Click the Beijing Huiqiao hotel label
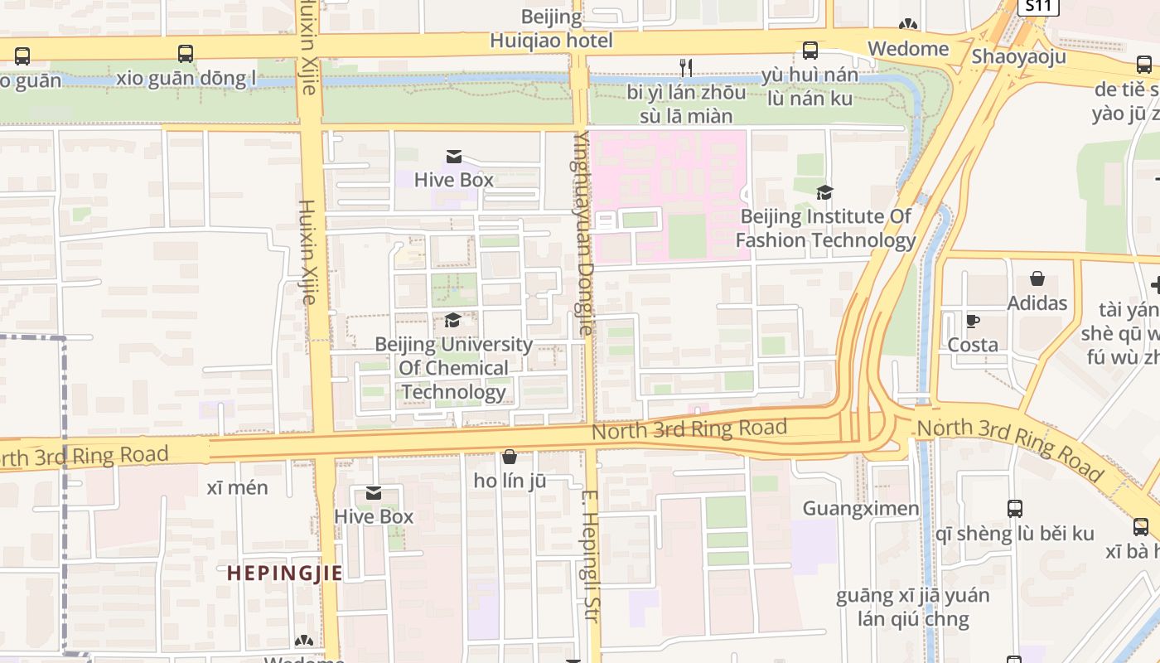tap(551, 29)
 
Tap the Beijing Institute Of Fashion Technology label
tap(825, 229)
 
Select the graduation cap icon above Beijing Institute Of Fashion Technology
tap(824, 192)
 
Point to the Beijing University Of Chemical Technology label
tap(453, 368)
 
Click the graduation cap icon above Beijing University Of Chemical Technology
tap(453, 320)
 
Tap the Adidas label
tap(1037, 303)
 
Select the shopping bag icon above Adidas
tap(1037, 278)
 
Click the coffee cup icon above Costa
tap(973, 321)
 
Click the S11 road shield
tap(1038, 7)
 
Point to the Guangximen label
tap(861, 508)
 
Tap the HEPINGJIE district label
tap(284, 573)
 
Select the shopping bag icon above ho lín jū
tap(510, 457)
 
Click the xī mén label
tap(237, 487)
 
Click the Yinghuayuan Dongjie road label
tap(583, 232)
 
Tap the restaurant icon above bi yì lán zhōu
tap(685, 67)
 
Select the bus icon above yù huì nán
tap(810, 51)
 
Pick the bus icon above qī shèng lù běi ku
tap(1014, 509)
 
